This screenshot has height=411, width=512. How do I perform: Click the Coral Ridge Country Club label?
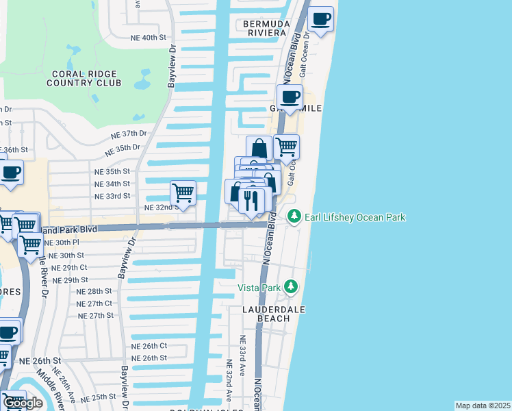[x=84, y=78]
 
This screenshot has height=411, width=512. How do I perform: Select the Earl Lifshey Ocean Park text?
[x=355, y=217]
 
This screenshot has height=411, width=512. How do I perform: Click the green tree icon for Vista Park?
[x=291, y=286]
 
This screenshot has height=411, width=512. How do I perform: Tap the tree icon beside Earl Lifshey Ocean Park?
[x=294, y=217]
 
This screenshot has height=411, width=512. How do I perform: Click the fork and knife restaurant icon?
[x=252, y=200]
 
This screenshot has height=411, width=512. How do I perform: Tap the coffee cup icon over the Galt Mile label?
[x=290, y=97]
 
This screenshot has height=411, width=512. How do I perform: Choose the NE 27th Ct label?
[x=94, y=303]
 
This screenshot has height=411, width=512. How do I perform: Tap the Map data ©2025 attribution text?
[x=483, y=406]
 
